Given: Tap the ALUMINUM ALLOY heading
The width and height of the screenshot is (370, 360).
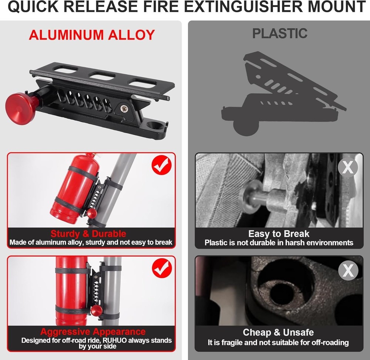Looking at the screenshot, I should click(91, 35).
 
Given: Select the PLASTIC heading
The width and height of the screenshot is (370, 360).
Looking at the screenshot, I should click(280, 33).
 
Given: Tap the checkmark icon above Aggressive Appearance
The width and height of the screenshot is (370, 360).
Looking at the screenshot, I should click(162, 268).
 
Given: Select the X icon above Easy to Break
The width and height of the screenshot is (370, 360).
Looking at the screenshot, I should click(348, 168).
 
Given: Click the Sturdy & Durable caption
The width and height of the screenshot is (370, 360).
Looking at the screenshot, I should click(88, 234).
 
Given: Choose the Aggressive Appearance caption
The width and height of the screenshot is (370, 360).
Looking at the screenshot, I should click(93, 332).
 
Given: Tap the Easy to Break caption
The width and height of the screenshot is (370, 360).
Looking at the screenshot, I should click(279, 234).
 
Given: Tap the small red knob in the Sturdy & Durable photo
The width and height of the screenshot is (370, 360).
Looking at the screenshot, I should click(91, 213).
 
